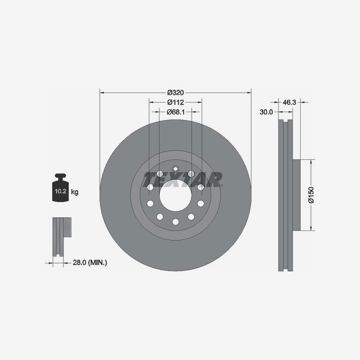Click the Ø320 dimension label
click(x=175, y=93)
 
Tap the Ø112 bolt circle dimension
click(x=175, y=102)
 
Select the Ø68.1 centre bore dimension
click(x=175, y=112)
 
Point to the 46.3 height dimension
click(x=289, y=103)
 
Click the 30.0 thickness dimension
click(x=266, y=112)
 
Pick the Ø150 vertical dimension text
click(x=311, y=195)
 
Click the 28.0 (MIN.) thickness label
click(x=90, y=262)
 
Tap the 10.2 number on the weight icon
click(x=61, y=191)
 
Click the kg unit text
click(x=75, y=192)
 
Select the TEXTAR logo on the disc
click(x=183, y=179)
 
